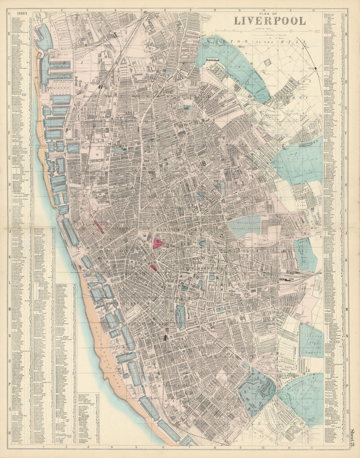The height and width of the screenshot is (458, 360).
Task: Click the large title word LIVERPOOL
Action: [270, 21]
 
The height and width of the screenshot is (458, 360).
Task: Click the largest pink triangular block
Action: [159, 244]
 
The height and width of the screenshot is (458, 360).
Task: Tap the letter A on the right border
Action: [346, 15]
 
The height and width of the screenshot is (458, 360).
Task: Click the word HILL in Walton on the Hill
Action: [301, 42]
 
